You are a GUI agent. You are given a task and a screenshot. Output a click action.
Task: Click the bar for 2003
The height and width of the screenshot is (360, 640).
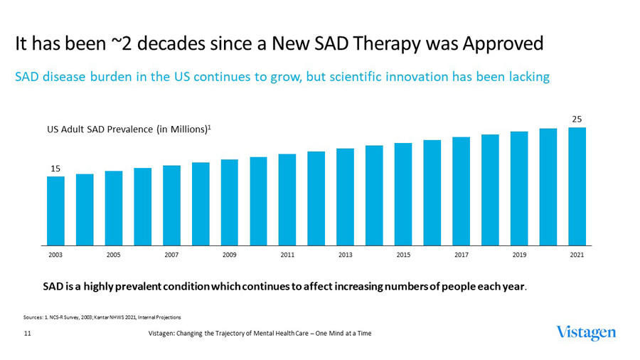coord(55,210)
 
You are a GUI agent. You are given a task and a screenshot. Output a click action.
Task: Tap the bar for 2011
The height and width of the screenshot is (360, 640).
coord(287,198)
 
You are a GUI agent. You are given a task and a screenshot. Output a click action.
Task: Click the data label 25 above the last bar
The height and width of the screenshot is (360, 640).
coord(577,118)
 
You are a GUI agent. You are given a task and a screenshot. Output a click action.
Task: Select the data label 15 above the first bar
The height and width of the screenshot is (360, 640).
coord(55,168)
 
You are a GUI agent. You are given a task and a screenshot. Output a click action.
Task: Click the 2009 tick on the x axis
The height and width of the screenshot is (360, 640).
coord(229,254)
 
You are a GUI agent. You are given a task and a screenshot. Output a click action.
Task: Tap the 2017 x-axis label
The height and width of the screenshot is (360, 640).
coord(461,254)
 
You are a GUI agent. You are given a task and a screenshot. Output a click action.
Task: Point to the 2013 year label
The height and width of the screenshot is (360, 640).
coord(345,254)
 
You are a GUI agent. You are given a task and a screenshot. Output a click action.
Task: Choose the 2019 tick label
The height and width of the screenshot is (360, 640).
coord(519,254)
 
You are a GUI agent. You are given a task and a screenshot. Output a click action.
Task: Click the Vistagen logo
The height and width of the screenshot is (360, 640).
coord(587,333)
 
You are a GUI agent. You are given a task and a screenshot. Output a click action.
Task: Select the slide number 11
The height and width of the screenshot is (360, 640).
coord(27,333)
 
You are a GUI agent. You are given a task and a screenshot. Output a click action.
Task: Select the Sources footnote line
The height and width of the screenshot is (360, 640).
coord(102,317)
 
